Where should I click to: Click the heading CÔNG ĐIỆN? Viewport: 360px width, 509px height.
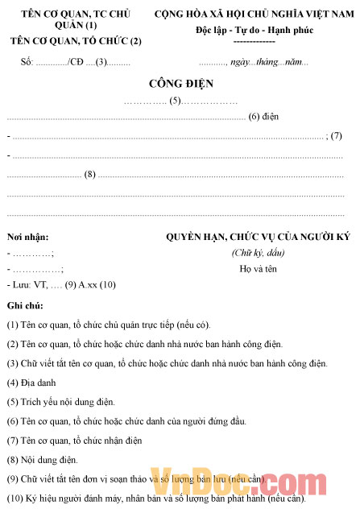(180, 84)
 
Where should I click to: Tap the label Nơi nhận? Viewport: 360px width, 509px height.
(27, 237)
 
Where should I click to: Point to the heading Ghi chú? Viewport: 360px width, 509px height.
(25, 306)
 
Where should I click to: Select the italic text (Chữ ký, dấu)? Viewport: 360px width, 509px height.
(258, 253)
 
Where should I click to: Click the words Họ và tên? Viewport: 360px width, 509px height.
(258, 269)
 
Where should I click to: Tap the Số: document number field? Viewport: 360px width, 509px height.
(68, 62)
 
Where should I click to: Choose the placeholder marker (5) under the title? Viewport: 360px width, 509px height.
(174, 101)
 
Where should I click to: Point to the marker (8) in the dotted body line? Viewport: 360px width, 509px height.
(90, 174)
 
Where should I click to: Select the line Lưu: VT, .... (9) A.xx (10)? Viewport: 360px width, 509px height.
(62, 284)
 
